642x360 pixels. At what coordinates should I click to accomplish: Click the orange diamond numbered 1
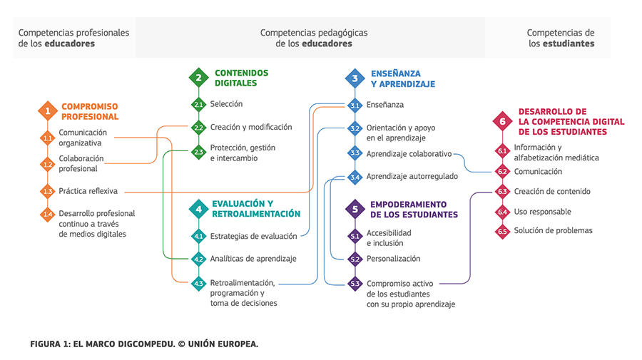point(48,111)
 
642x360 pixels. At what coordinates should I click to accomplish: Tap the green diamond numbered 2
point(198,77)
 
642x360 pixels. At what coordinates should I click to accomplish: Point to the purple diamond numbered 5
point(355,210)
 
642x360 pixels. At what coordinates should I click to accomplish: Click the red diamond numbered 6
point(502,122)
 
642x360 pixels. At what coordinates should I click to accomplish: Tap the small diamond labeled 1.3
point(48,191)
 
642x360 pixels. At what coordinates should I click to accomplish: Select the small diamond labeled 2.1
point(198,105)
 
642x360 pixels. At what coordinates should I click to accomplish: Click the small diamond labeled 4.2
point(198,259)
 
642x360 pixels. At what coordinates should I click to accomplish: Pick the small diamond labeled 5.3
point(355,284)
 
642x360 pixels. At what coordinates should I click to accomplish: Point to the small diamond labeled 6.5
point(502,231)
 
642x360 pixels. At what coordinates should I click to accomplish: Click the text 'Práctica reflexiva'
point(88,191)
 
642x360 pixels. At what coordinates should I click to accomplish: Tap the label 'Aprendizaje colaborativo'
point(409,153)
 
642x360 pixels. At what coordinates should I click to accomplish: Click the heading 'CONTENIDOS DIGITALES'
point(241,78)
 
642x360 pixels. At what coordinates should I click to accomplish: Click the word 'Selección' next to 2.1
point(226,104)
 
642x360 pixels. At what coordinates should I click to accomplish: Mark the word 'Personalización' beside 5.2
point(393,259)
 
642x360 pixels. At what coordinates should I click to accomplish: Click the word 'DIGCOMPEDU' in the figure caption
point(141,344)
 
